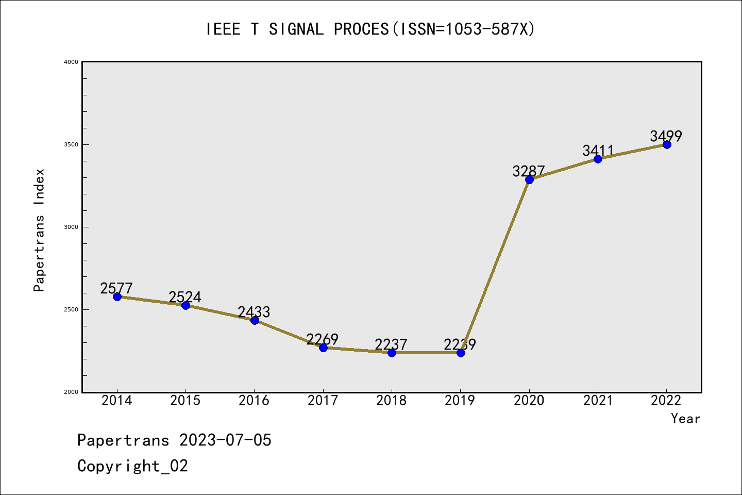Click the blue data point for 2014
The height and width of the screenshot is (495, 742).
pyautogui.click(x=117, y=296)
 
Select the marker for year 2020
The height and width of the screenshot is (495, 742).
pyautogui.click(x=529, y=179)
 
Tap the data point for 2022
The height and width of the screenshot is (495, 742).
pyautogui.click(x=667, y=144)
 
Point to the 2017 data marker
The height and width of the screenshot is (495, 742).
pyautogui.click(x=323, y=348)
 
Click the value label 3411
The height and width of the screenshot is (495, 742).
pyautogui.click(x=598, y=151)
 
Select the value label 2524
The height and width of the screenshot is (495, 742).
pyautogui.click(x=185, y=297)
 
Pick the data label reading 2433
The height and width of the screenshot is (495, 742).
pyautogui.click(x=254, y=312)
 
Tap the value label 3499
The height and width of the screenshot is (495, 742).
pyautogui.click(x=666, y=136)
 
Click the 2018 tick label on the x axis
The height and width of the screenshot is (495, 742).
pyautogui.click(x=392, y=401)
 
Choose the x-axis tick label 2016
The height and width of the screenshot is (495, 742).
pyautogui.click(x=254, y=401)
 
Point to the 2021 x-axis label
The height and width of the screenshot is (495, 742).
pyautogui.click(x=598, y=401)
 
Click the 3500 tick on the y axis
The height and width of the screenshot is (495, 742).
pyautogui.click(x=71, y=144)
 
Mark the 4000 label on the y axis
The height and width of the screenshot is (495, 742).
pyautogui.click(x=71, y=62)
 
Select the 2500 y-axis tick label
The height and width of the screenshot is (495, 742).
pyautogui.click(x=71, y=309)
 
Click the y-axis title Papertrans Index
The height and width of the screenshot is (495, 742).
pyautogui.click(x=40, y=230)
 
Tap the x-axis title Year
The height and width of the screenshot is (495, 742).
pyautogui.click(x=685, y=419)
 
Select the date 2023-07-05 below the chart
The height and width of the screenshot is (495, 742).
pyautogui.click(x=225, y=440)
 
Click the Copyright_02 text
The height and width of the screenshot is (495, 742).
pyautogui.click(x=133, y=466)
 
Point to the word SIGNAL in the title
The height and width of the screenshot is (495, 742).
pyautogui.click(x=296, y=29)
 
